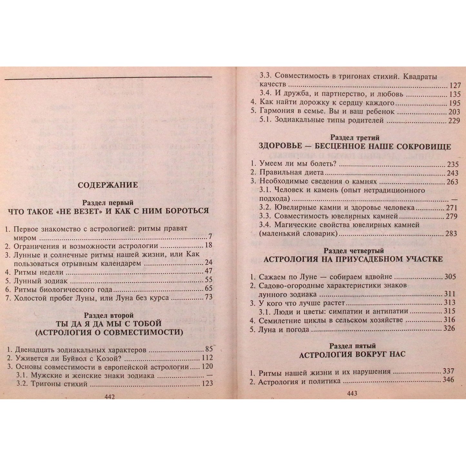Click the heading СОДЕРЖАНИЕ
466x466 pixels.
click(108, 185)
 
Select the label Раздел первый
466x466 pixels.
click(108, 203)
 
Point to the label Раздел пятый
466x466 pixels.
click(352, 346)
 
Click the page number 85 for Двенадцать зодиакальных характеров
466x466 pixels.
click(209, 349)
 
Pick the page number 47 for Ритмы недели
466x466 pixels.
click(208, 271)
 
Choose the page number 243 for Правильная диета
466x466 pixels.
click(451, 173)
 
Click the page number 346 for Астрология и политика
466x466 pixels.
click(448, 380)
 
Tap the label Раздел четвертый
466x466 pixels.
click(353, 251)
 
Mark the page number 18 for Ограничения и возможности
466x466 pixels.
click(208, 245)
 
